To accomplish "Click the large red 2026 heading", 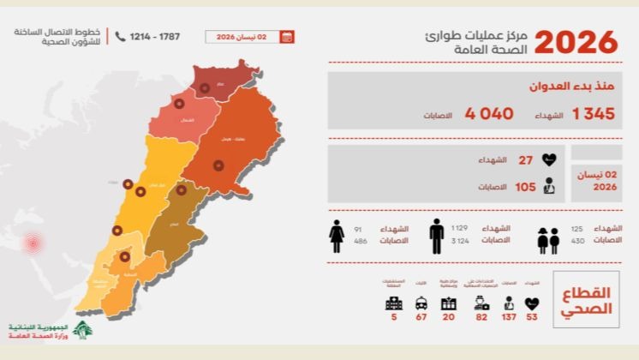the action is pyautogui.click(x=576, y=41).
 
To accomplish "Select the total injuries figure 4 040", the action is pyautogui.click(x=489, y=113).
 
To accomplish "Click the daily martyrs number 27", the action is pyautogui.click(x=526, y=159).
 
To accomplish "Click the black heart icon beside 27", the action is pyautogui.click(x=550, y=159).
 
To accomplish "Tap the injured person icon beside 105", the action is pyautogui.click(x=550, y=186).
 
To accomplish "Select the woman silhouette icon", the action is pyautogui.click(x=337, y=236).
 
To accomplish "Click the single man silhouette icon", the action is pyautogui.click(x=437, y=235).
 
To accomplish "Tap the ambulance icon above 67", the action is pyautogui.click(x=421, y=303).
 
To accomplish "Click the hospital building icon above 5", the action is pyautogui.click(x=393, y=303).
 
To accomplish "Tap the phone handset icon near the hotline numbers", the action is pyautogui.click(x=120, y=37).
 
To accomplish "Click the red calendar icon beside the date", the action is pyautogui.click(x=287, y=37).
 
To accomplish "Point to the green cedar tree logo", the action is pyautogui.click(x=82, y=330).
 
